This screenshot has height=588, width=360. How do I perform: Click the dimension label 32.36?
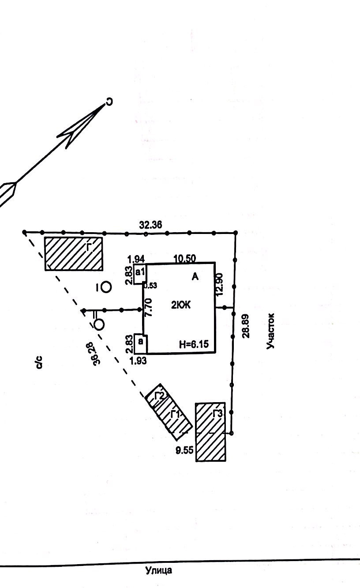click(x=150, y=225)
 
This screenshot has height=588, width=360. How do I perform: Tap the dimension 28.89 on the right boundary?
click(x=246, y=325)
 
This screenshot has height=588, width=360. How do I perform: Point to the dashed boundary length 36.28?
click(x=95, y=353)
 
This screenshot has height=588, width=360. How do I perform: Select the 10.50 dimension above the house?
click(x=185, y=258)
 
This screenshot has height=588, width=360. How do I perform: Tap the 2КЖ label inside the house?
click(x=181, y=305)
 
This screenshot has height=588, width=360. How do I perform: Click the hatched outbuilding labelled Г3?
click(x=211, y=432)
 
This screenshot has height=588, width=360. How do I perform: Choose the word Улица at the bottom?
click(x=159, y=570)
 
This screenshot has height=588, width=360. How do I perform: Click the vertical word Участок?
click(x=271, y=331)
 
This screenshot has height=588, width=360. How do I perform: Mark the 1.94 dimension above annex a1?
click(x=136, y=259)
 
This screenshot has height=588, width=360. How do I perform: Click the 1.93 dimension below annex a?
click(x=138, y=360)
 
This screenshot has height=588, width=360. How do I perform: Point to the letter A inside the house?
click(x=196, y=277)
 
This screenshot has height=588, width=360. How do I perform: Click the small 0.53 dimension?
click(x=150, y=285)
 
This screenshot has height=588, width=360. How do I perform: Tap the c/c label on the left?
click(x=39, y=362)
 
